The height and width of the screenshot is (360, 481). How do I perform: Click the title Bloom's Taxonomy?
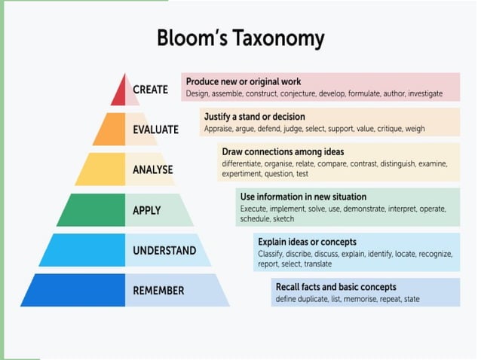240,38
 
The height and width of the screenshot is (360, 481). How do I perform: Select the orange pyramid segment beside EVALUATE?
110,130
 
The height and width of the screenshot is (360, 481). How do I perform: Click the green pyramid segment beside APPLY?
90,210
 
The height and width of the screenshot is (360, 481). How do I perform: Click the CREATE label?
151,90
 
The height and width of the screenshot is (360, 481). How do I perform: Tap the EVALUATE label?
156,130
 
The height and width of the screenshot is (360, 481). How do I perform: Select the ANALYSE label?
153,169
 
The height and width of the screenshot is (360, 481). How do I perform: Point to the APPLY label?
148,210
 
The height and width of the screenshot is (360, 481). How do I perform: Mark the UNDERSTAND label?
164,250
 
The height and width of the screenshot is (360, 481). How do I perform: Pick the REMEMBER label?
158,290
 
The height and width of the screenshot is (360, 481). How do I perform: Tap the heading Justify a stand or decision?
255,117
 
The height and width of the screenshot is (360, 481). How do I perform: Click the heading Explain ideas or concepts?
307,242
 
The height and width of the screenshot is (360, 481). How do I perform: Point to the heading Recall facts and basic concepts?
335,287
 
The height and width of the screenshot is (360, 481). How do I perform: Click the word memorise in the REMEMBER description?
358,299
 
